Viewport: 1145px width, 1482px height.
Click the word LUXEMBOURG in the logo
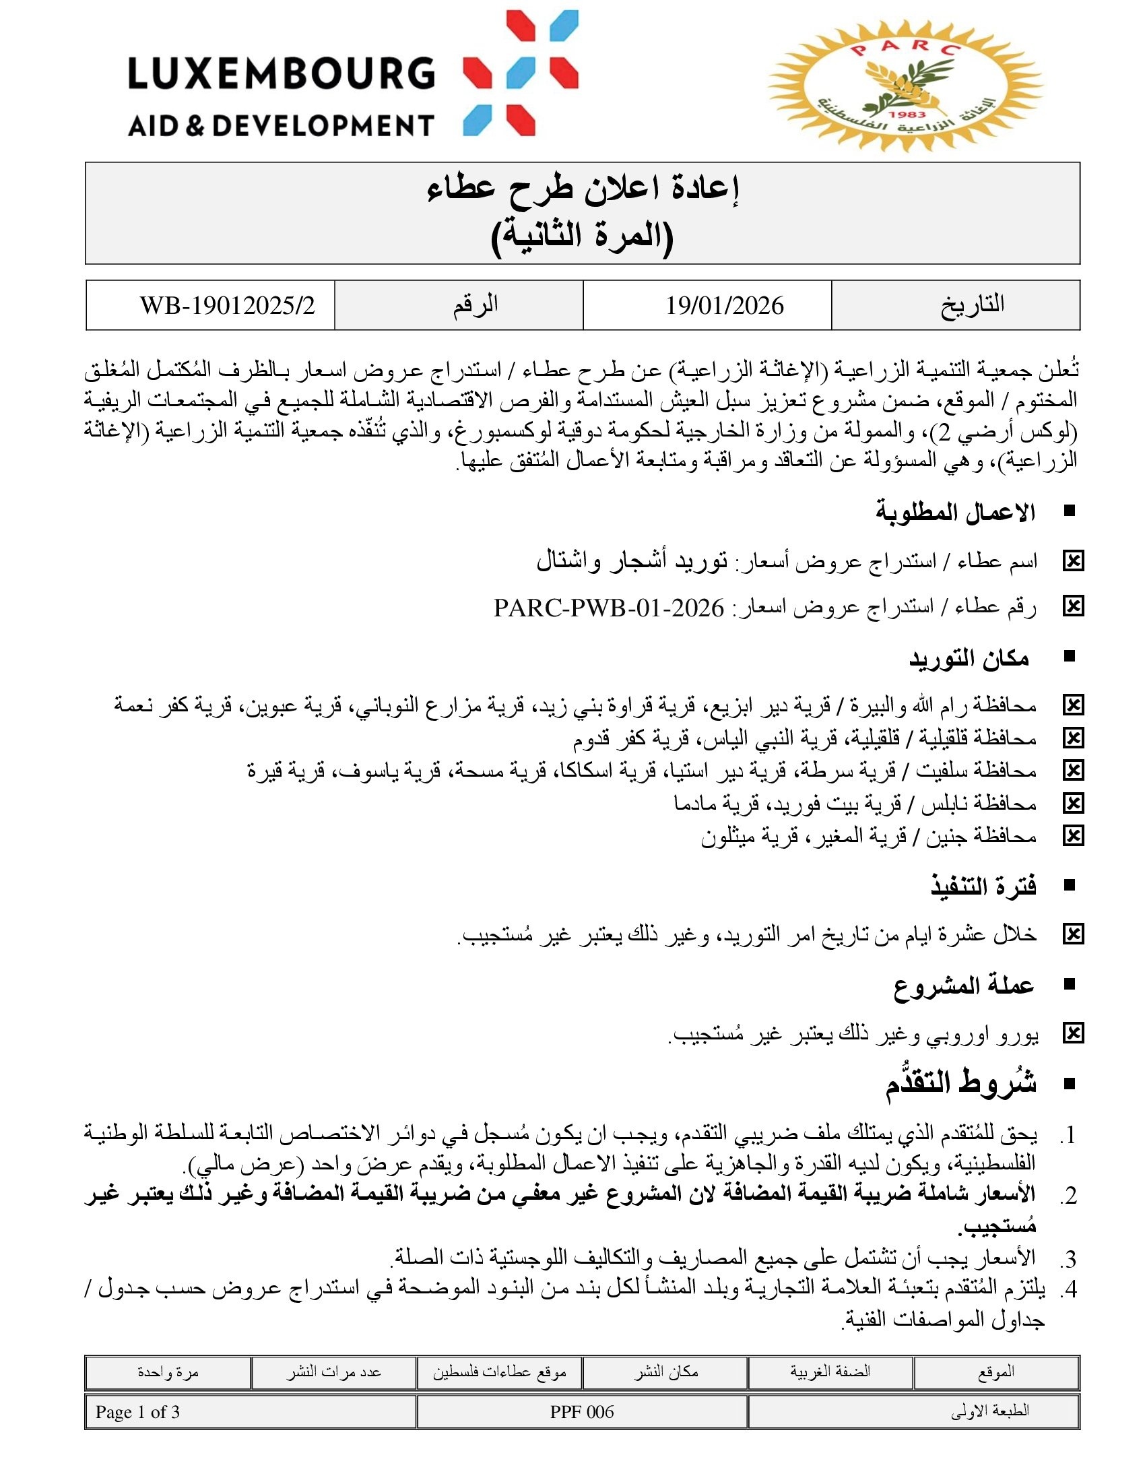point(281,73)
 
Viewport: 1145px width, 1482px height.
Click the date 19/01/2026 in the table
point(724,306)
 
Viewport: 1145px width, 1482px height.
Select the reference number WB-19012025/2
point(227,306)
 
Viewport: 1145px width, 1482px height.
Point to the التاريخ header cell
point(972,304)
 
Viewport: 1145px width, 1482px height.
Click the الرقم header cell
point(476,304)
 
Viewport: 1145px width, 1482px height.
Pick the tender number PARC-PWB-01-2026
point(608,608)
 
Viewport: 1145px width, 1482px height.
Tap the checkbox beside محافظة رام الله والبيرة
point(1073,706)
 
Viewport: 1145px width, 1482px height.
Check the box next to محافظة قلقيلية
point(1073,738)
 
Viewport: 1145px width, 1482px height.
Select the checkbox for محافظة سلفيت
point(1073,771)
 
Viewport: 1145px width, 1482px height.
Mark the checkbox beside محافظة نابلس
point(1073,804)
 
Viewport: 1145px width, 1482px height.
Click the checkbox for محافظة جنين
point(1073,836)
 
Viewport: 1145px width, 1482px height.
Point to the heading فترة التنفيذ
point(983,887)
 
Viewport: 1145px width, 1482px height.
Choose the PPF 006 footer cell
point(582,1412)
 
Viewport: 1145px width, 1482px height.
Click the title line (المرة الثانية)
point(582,236)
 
